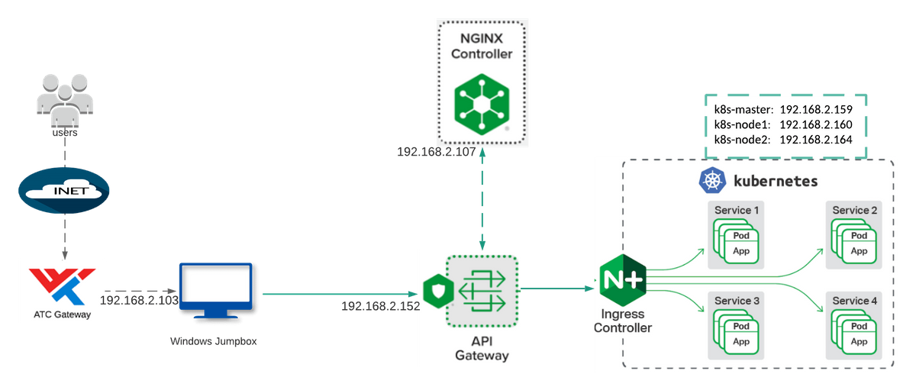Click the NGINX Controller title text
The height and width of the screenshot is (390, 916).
(481, 45)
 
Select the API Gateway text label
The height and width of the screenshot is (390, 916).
(481, 348)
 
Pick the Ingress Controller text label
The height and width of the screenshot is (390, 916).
(623, 321)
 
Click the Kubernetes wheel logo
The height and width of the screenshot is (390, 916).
(711, 181)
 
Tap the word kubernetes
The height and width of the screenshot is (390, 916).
(776, 182)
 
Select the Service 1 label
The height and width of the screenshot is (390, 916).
(736, 210)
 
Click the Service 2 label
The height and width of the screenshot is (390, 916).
(854, 210)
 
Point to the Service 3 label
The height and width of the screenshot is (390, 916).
(736, 301)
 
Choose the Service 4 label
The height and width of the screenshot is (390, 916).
(854, 301)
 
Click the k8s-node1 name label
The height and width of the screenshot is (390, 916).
(742, 124)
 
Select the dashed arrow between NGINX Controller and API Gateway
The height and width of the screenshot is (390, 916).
(481, 198)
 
